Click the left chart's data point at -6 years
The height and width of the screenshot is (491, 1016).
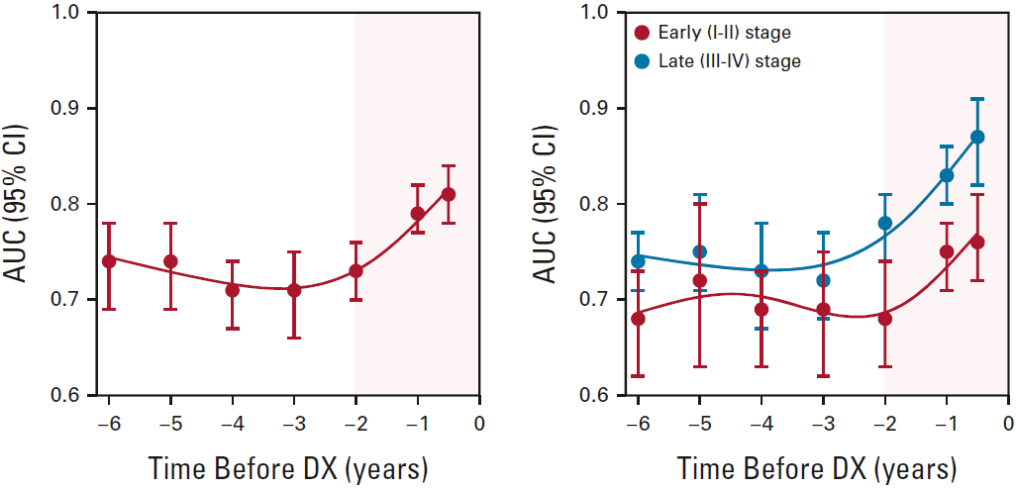point(109,260)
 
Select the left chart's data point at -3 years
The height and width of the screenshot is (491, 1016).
point(294,289)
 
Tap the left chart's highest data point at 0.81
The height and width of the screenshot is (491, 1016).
point(449,194)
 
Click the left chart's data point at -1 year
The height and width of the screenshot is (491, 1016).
point(418,213)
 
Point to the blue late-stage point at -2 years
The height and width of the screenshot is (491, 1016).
point(884,223)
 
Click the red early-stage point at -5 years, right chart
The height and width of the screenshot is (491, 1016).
point(699,280)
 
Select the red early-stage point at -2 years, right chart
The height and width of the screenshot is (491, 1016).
point(884,319)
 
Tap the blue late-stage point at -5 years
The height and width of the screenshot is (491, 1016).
point(699,251)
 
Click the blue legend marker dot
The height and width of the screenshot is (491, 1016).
point(643,61)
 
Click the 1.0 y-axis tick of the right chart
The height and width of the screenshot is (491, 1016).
point(600,13)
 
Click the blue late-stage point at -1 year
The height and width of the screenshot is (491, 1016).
point(947,175)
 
